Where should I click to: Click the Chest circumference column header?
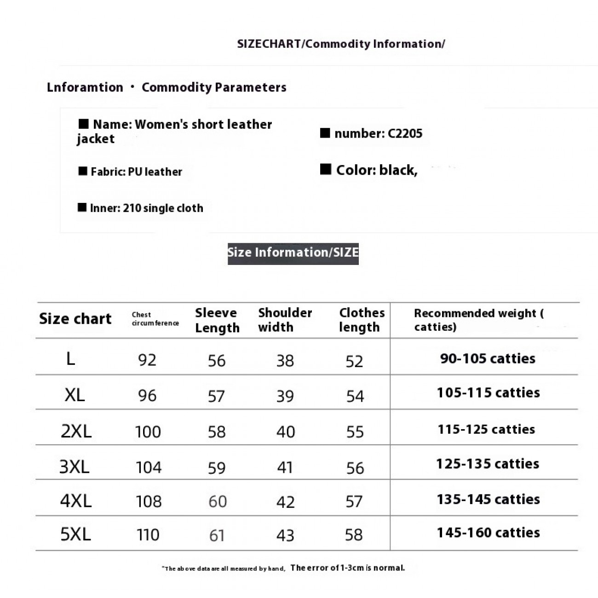155,319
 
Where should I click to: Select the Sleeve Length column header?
217,320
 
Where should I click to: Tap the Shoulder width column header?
285,320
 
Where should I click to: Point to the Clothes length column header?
362,320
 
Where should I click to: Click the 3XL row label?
75,467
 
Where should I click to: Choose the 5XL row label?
75,534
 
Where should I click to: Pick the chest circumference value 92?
147,360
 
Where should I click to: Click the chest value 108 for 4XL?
149,501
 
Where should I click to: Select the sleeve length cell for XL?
216,396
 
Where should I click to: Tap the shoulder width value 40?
286,431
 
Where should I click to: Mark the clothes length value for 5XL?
354,535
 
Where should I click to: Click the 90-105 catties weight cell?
488,358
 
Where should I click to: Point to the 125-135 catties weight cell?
488,464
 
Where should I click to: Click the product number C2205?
405,133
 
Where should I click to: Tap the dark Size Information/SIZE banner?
293,253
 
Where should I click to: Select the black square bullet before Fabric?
83,171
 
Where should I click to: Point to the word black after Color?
397,170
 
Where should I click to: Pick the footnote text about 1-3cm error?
347,568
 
